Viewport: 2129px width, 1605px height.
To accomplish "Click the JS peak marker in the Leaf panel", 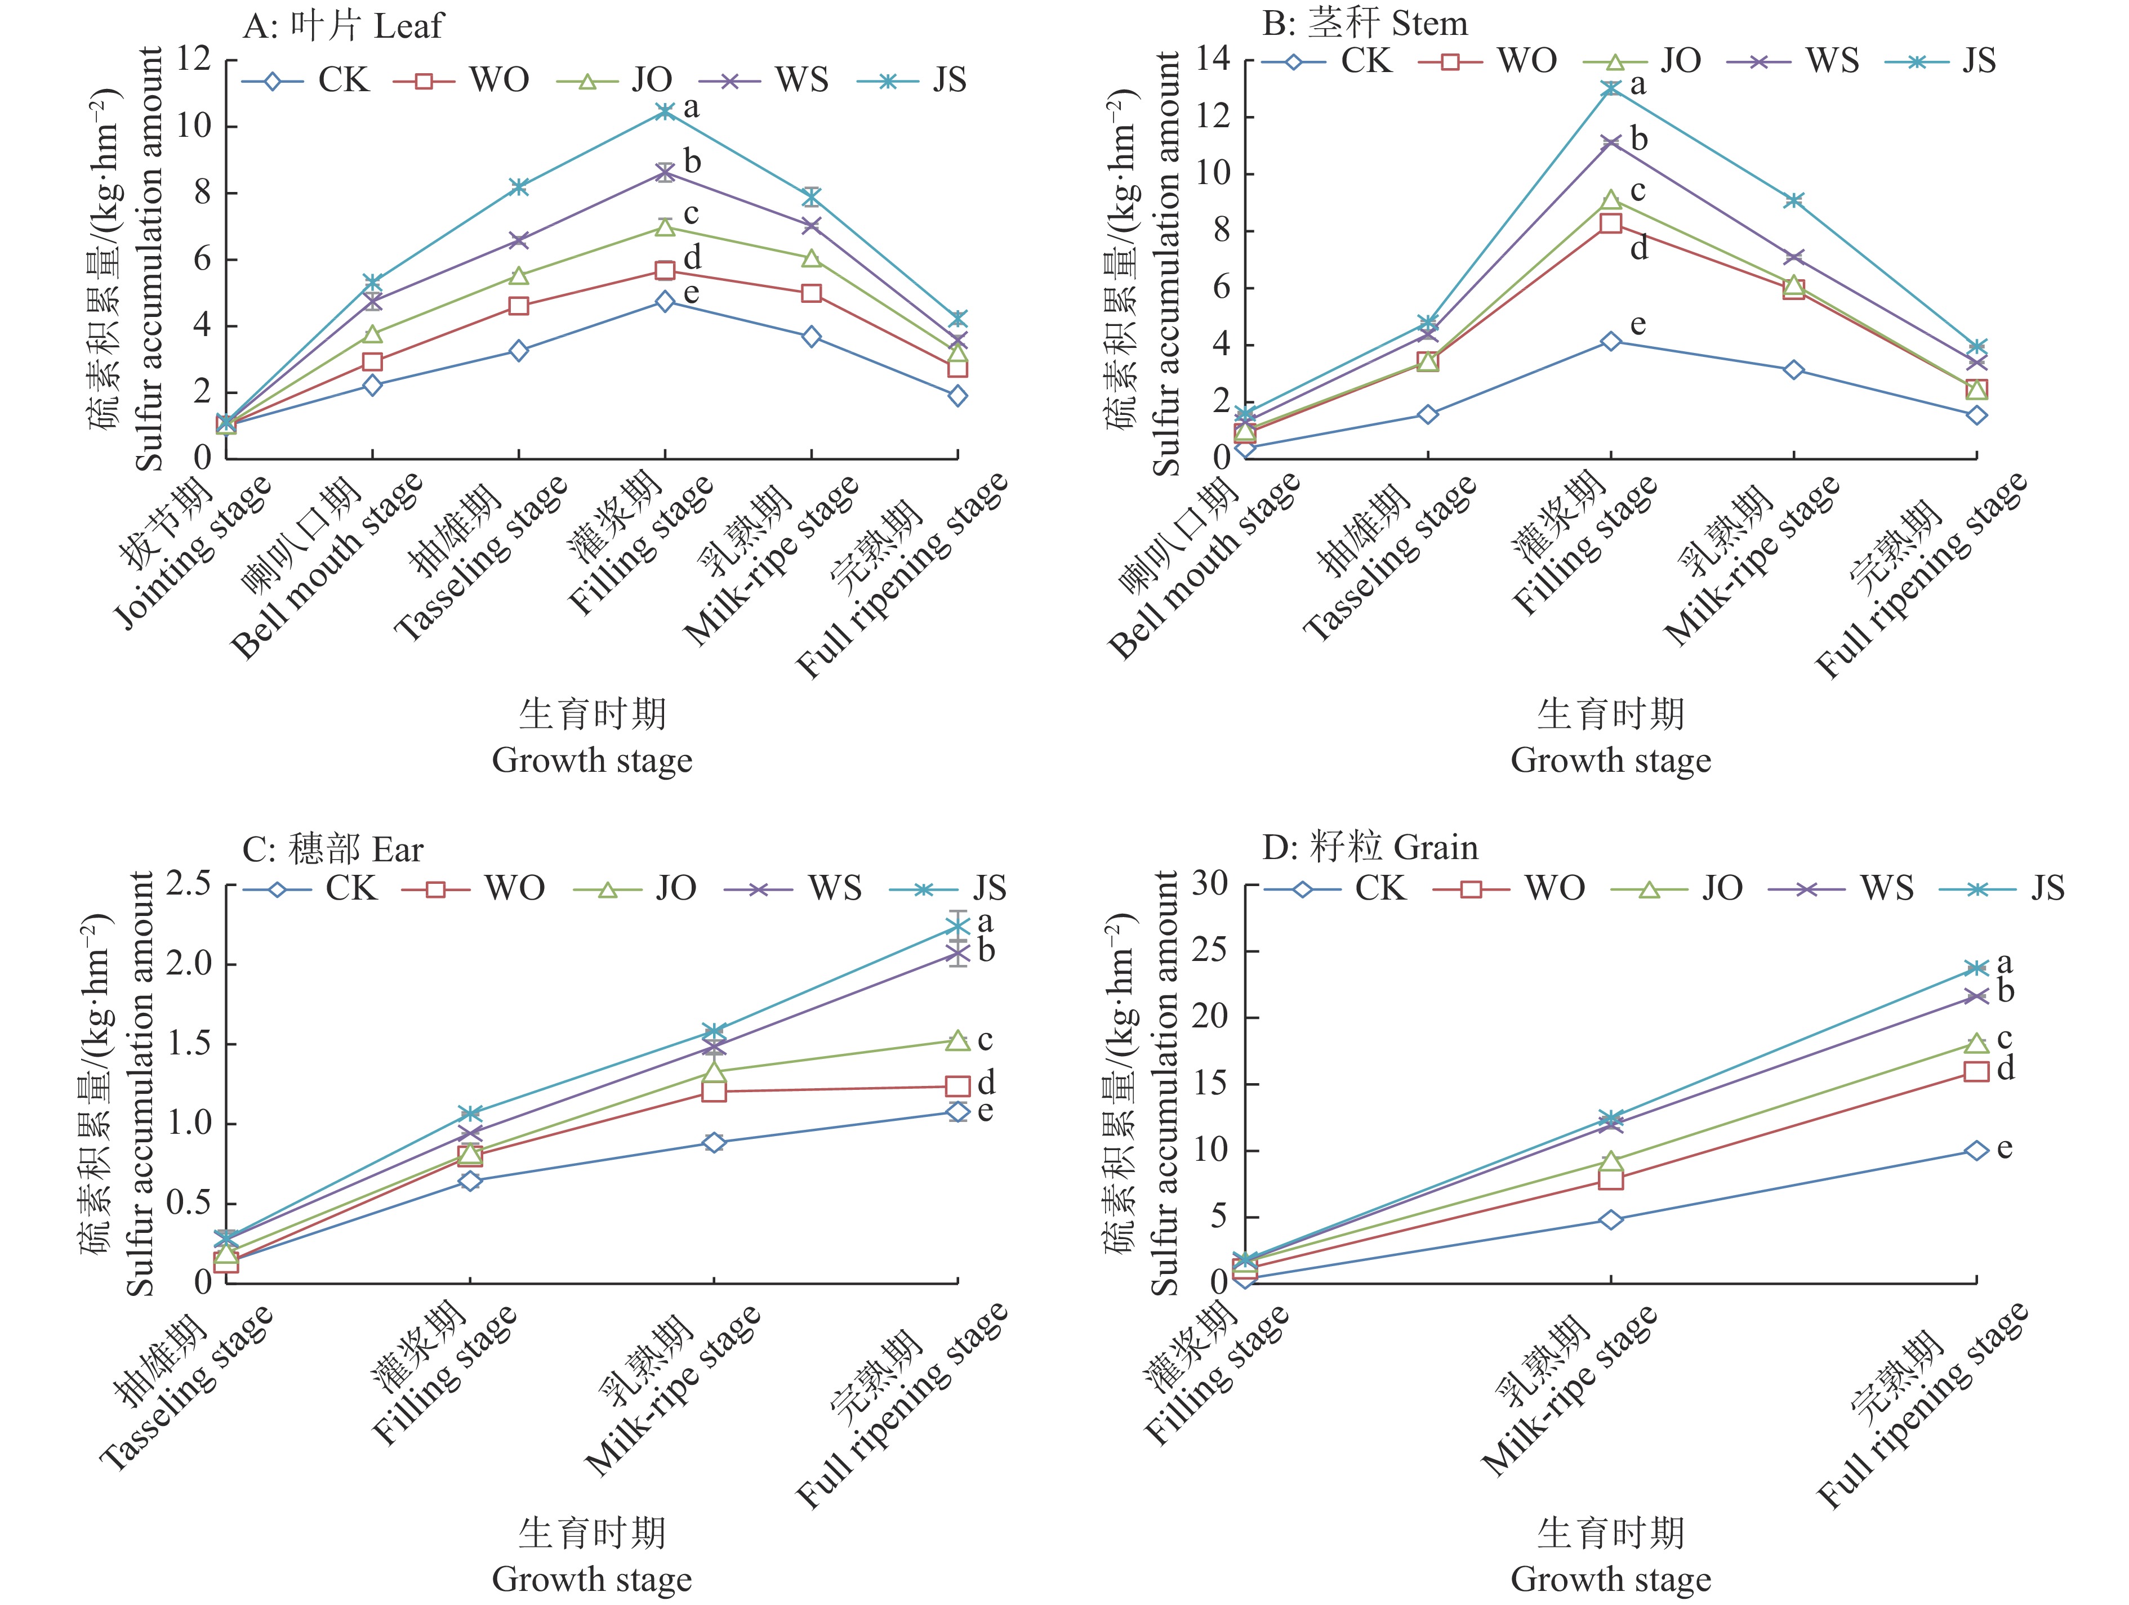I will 664,111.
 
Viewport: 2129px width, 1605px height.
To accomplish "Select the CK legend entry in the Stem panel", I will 1328,61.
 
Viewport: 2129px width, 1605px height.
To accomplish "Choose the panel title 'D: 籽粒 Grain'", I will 1370,848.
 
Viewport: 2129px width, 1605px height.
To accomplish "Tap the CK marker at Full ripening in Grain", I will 1976,1151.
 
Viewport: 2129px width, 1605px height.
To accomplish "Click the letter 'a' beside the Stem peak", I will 1638,84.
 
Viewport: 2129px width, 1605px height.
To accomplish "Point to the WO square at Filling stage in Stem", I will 1610,223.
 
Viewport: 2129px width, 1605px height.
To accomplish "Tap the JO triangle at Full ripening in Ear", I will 957,1041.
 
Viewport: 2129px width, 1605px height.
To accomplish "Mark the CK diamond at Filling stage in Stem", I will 1610,342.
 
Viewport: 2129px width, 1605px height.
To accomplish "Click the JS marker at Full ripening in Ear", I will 957,927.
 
